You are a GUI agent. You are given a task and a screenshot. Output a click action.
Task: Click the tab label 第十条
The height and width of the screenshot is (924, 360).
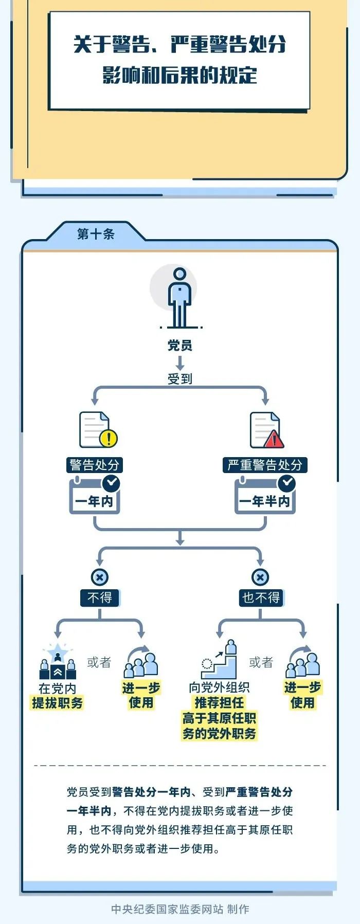(x=96, y=234)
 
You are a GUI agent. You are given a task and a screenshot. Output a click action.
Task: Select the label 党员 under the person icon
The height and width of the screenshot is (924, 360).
(x=179, y=346)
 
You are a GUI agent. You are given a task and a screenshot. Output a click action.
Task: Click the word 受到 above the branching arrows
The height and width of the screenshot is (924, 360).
(x=179, y=379)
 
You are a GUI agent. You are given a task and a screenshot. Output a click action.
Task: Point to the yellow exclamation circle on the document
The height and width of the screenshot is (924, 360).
(x=109, y=439)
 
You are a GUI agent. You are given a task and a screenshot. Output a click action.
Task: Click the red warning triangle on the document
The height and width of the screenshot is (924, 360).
(x=274, y=439)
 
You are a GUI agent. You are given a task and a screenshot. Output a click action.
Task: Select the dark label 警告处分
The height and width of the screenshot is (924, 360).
(x=95, y=465)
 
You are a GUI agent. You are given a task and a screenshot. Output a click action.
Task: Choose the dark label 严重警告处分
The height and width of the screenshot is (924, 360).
(x=265, y=465)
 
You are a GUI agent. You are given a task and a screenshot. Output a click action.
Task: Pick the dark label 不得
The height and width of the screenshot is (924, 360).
(x=100, y=597)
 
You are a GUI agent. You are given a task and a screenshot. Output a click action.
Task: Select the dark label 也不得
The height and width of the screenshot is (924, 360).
(x=261, y=597)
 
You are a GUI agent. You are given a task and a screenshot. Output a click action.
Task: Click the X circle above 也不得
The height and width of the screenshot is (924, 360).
(x=260, y=577)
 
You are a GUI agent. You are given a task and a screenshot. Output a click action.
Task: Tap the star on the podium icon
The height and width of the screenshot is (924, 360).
(x=58, y=650)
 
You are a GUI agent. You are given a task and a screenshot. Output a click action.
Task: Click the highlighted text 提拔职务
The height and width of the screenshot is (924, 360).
(x=58, y=703)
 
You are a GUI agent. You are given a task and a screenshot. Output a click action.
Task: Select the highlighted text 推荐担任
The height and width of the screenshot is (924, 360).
(x=219, y=702)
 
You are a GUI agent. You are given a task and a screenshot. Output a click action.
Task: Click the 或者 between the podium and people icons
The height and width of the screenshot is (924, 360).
(x=99, y=662)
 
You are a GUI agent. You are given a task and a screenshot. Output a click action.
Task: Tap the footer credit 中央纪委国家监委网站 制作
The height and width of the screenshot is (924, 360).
(x=180, y=909)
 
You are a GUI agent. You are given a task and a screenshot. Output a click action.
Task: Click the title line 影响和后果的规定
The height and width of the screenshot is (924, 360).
(x=179, y=75)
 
